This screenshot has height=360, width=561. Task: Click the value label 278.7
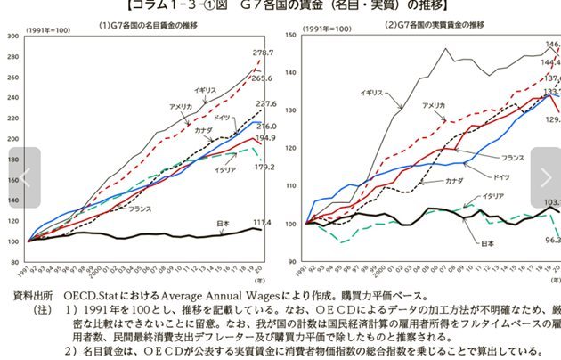coord(263,53)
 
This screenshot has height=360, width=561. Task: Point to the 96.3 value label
coord(552,240)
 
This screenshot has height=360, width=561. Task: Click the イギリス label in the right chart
coord(372,92)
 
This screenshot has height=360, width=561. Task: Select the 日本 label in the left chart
coord(224,223)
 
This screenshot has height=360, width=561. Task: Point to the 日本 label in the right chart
coord(487,242)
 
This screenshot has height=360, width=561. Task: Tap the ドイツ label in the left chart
coord(223,117)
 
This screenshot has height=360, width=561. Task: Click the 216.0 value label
coord(266,127)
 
